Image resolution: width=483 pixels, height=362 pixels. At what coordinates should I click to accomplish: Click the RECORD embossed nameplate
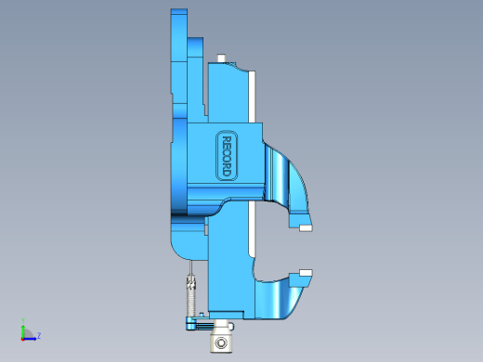pyautogui.click(x=227, y=156)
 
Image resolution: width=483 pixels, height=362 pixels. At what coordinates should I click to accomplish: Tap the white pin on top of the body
pyautogui.click(x=221, y=58)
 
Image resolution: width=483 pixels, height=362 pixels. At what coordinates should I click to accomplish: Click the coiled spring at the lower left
pyautogui.click(x=191, y=296)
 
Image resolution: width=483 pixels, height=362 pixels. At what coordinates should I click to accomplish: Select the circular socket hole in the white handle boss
pyautogui.click(x=221, y=343)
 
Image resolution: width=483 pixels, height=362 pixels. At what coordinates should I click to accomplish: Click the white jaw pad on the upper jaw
pyautogui.click(x=306, y=228)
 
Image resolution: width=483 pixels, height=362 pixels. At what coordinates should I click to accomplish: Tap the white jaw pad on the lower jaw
pyautogui.click(x=306, y=273)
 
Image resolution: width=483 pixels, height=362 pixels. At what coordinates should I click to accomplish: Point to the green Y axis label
pyautogui.click(x=23, y=320)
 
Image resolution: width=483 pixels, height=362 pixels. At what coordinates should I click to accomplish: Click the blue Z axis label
pyautogui.click(x=39, y=335)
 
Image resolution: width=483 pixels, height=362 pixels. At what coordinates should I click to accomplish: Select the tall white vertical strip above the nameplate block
pyautogui.click(x=252, y=97)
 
